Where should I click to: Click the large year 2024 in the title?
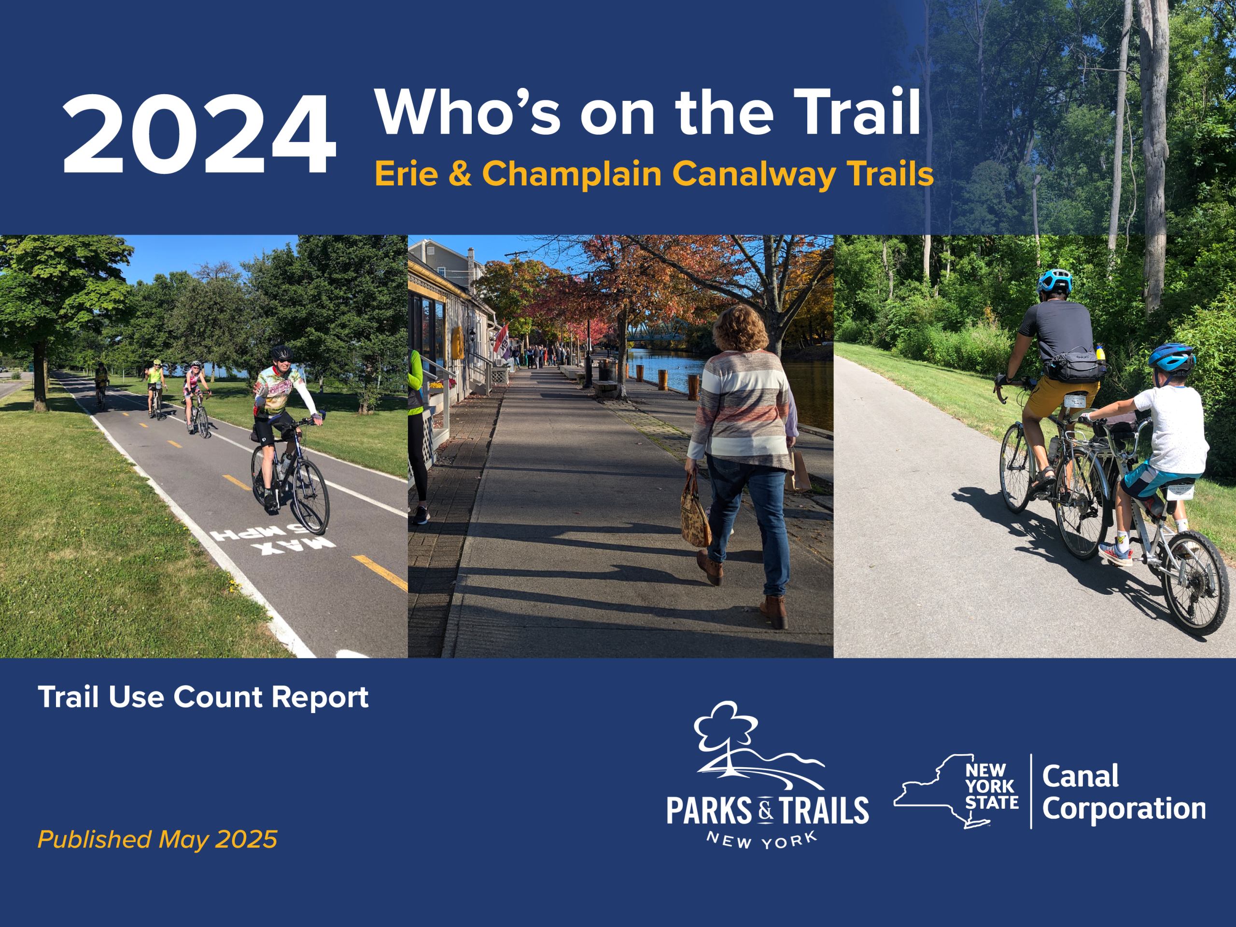pos(199,134)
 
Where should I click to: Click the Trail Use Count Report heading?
pos(203,697)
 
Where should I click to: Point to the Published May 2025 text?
pos(157,839)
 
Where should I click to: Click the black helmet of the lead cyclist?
pos(281,353)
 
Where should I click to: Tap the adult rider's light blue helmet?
pos(1054,281)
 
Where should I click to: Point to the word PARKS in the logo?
pos(708,811)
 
